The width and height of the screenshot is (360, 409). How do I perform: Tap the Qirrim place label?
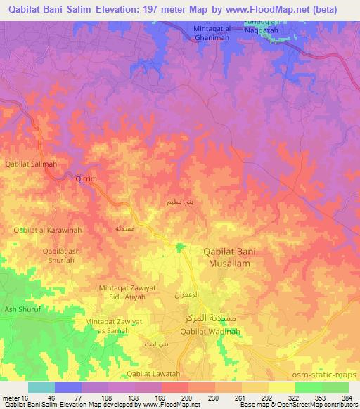pos(85,179)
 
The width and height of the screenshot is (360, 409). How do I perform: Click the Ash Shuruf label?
pos(20,309)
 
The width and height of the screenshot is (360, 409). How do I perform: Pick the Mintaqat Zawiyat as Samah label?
pos(108,326)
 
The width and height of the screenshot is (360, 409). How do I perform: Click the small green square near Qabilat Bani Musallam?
pos(181,246)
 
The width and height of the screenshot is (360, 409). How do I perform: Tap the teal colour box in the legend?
pos(41,387)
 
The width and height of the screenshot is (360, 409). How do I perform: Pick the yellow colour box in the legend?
pos(281,387)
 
